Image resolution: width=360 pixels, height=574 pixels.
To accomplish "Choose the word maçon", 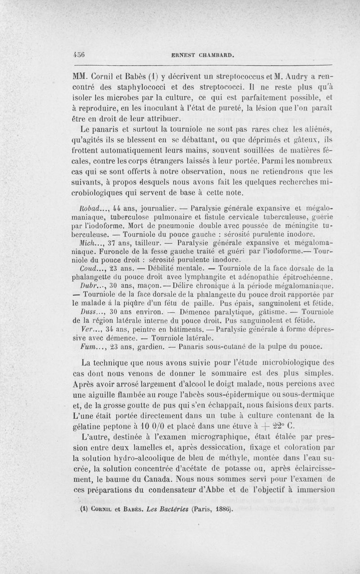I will point(142,286).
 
